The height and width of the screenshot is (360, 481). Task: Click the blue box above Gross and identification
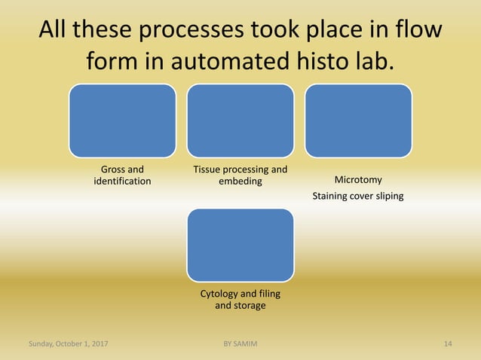122,121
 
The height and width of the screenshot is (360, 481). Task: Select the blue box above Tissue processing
240,121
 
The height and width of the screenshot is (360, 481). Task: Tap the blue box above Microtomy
358,121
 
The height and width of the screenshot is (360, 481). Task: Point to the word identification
122,182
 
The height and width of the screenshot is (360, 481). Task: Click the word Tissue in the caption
207,169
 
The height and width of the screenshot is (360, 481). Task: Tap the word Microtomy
358,180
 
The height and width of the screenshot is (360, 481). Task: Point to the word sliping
388,197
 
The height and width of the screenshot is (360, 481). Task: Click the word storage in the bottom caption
250,306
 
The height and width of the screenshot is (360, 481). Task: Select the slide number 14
448,344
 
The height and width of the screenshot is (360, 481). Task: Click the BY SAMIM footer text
240,344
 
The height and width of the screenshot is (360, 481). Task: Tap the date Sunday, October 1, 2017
68,344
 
